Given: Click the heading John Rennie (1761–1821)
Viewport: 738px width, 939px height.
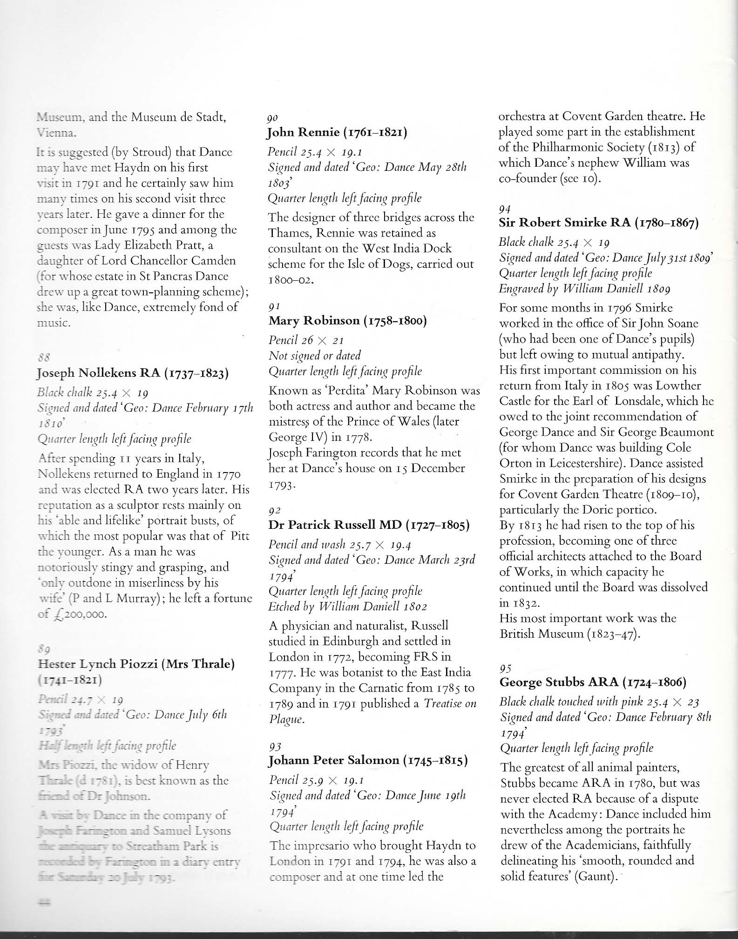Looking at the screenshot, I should coord(338,133).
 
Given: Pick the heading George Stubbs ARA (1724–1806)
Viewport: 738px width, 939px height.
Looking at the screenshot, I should coord(593,682).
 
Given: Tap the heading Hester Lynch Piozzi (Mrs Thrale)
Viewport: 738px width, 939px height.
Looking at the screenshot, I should coord(135,663).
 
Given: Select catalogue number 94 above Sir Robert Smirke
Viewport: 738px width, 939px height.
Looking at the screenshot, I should coord(504,209).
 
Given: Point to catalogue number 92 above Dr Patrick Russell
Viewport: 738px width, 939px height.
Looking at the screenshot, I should coord(275,511).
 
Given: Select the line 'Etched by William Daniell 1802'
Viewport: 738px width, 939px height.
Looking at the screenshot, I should coord(347,607).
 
